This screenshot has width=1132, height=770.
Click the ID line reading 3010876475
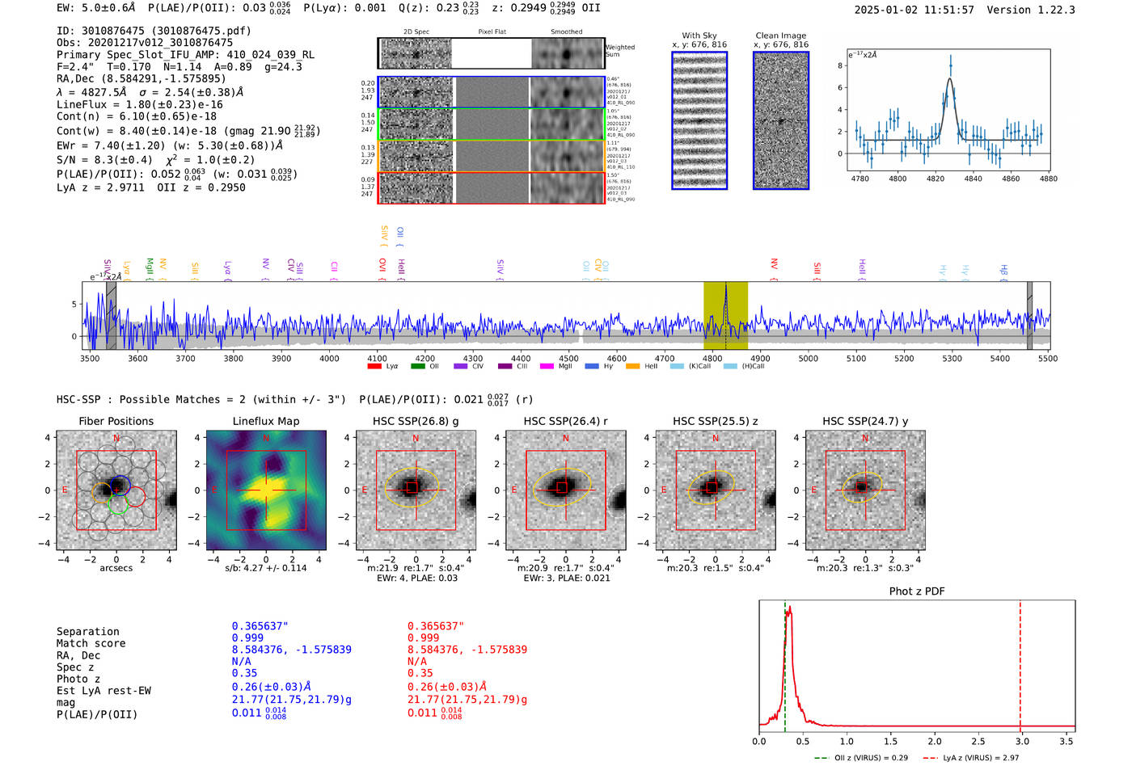click(154, 31)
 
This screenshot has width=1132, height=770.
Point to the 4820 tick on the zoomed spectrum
click(936, 179)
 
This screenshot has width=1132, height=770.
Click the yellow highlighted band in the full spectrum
click(724, 315)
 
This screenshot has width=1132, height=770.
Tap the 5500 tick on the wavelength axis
click(1048, 358)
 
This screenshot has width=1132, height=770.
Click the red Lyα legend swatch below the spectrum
click(374, 367)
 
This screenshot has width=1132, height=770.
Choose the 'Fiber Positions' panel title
click(116, 421)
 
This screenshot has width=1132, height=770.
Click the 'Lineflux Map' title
click(265, 421)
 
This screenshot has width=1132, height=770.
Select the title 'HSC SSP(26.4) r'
click(565, 421)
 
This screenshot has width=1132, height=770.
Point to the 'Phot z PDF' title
click(917, 591)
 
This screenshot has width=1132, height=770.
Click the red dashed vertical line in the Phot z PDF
click(1020, 663)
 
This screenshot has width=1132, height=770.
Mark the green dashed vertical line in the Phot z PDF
click(784, 663)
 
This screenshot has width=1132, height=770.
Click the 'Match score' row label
click(91, 643)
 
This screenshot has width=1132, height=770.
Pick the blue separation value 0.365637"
click(260, 626)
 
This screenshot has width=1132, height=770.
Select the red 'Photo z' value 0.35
click(420, 673)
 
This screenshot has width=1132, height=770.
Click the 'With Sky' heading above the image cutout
click(699, 36)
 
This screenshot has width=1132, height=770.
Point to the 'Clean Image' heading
click(780, 36)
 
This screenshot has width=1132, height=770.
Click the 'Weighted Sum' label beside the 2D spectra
click(620, 51)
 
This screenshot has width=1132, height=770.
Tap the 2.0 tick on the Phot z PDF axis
click(935, 741)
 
